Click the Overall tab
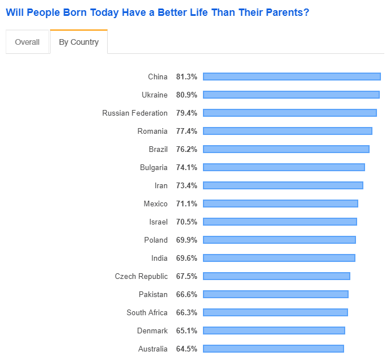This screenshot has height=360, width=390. tap(27, 42)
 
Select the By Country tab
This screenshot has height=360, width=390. tap(79, 42)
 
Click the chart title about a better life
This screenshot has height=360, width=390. tap(158, 12)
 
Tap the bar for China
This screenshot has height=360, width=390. tap(292, 77)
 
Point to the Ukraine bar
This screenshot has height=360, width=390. tap(291, 95)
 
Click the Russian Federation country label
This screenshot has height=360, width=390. tap(135, 113)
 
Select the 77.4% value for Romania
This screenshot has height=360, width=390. tap(186, 131)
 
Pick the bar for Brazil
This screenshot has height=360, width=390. tap(286, 149)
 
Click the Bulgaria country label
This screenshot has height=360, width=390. tap(154, 167)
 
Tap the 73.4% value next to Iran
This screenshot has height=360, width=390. tap(186, 185)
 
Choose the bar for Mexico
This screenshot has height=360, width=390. tap(281, 204)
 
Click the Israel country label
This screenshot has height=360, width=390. tap(159, 222)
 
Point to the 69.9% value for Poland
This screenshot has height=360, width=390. tap(186, 240)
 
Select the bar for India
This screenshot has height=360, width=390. tap(279, 259)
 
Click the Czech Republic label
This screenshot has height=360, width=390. tap(141, 277)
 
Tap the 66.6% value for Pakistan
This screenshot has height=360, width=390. tap(186, 295)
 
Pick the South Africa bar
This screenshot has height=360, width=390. tap(275, 313)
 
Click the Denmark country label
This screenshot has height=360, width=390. tap(152, 331)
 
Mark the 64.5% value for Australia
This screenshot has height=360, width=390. tap(186, 349)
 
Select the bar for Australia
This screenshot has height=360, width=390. tap(273, 349)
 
